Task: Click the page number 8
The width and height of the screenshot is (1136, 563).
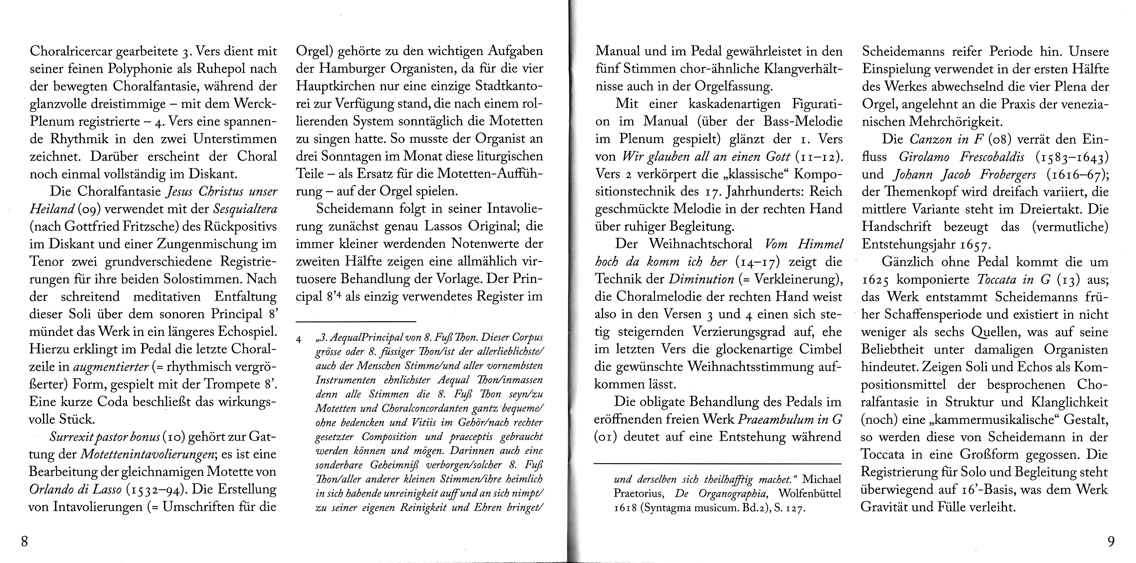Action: (25, 541)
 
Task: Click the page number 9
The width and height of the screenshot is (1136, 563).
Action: (1111, 541)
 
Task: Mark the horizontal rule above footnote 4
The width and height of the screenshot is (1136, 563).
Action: (356, 320)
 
